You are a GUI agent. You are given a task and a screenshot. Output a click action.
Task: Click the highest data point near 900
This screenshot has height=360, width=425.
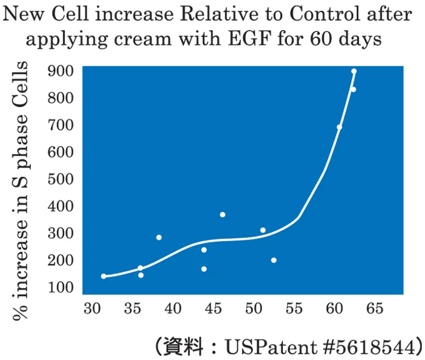[x=354, y=71]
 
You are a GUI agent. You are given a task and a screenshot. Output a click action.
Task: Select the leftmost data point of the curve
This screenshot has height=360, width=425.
[x=104, y=276]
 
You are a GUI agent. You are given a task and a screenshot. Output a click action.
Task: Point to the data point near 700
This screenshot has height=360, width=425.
[x=339, y=127]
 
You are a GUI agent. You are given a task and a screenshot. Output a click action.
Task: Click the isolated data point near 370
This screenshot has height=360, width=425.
[x=222, y=215]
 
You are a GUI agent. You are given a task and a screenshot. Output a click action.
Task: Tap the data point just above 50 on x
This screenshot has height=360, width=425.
[x=263, y=230]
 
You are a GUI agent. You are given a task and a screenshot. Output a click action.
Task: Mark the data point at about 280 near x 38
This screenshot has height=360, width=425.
[x=159, y=237]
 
